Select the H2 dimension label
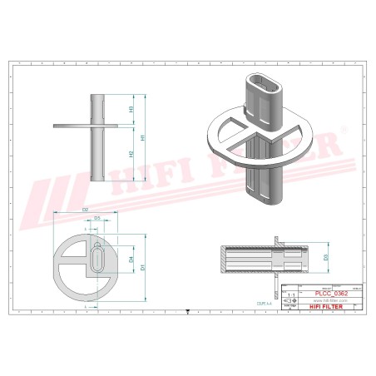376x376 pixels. click(131, 154)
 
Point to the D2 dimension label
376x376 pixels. click(86, 212)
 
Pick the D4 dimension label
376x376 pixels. click(132, 260)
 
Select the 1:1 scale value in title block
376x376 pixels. click(290, 295)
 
